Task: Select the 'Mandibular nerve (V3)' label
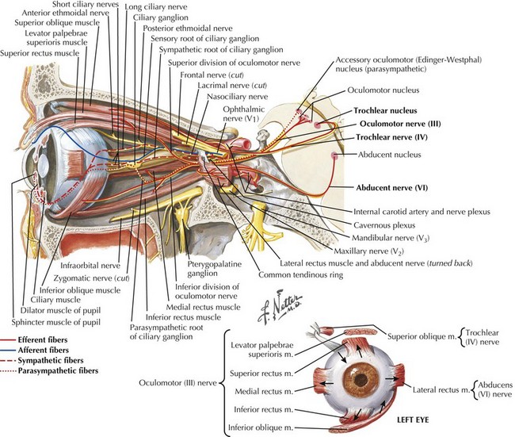(x=395, y=236)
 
